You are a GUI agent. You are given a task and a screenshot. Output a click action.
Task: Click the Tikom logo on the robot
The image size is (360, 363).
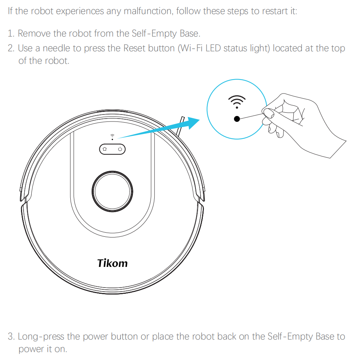pyautogui.click(x=112, y=263)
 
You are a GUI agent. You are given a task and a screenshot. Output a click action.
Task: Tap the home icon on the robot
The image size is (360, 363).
pyautogui.click(x=105, y=149)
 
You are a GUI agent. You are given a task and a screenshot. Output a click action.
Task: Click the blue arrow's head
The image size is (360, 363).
pyautogui.click(x=193, y=123)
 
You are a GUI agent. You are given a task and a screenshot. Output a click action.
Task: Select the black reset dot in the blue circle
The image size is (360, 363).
pyautogui.click(x=237, y=119)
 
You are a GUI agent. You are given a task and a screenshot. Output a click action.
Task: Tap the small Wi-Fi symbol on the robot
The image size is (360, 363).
pyautogui.click(x=112, y=135)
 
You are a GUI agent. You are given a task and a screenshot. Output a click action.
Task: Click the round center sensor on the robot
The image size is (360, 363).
pyautogui.click(x=112, y=191)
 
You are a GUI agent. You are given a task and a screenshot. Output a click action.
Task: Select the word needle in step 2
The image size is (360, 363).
pyautogui.click(x=56, y=48)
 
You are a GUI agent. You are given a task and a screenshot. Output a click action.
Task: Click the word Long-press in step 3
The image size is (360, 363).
pyautogui.click(x=41, y=336)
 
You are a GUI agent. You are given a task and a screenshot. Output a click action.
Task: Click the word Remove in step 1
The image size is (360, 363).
pyautogui.click(x=34, y=34)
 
